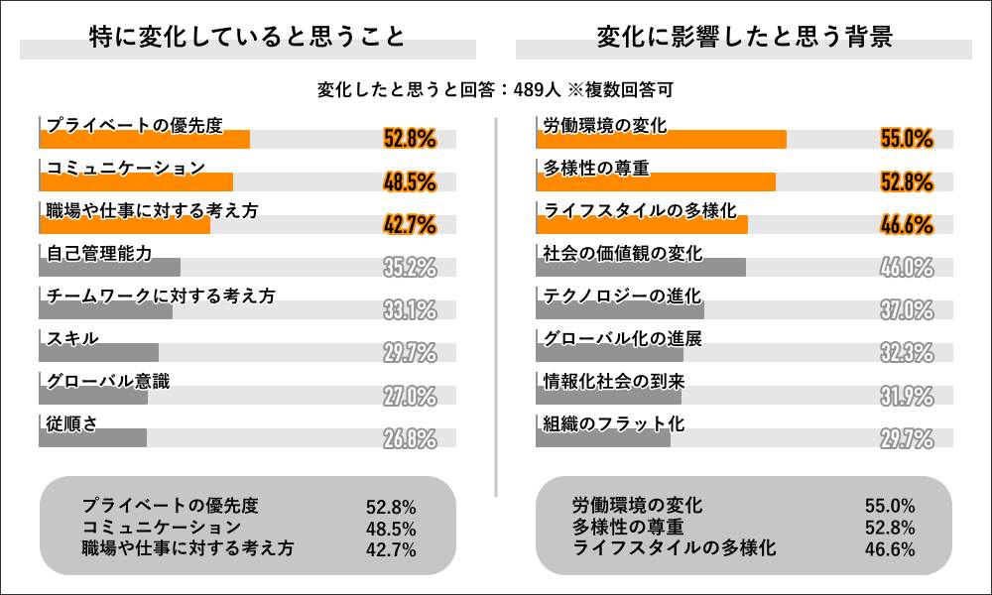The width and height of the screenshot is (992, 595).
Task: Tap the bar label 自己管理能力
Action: (99, 253)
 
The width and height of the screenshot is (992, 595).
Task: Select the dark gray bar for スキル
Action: (99, 352)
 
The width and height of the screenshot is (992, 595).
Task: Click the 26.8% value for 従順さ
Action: (410, 438)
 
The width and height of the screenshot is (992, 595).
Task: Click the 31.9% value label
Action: (907, 396)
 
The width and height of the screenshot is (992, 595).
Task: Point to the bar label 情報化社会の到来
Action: (613, 381)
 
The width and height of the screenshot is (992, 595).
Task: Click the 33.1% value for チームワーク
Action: (410, 310)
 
